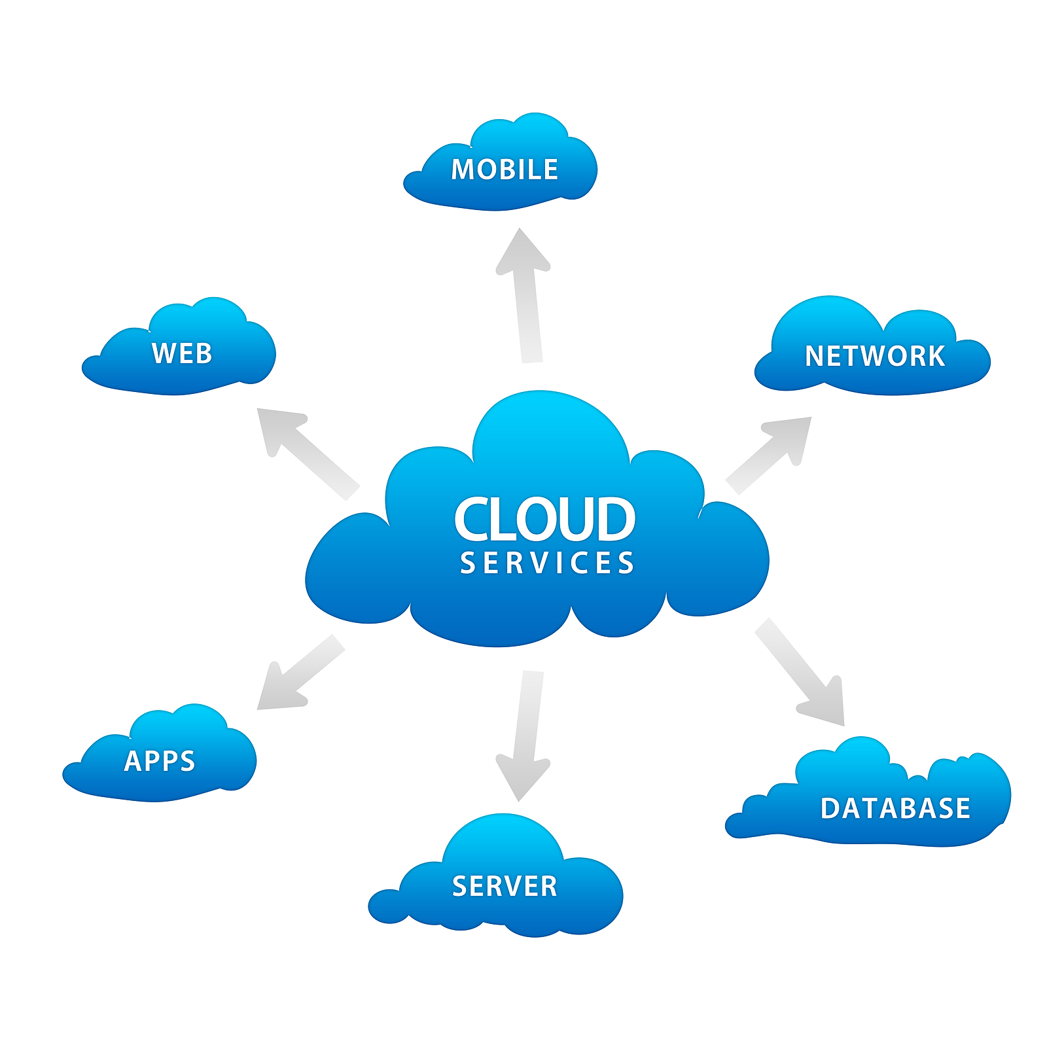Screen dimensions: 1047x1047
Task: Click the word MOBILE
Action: pos(505,169)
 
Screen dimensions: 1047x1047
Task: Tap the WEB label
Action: pos(182,353)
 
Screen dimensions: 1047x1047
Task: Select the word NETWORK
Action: pos(875,356)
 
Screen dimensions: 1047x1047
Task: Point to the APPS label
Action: pos(160,760)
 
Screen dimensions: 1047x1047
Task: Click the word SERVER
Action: pos(505,886)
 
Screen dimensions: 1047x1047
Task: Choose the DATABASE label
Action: pos(895,808)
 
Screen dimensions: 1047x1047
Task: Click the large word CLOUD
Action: pos(544,519)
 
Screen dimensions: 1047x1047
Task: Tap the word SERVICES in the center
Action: pos(547,563)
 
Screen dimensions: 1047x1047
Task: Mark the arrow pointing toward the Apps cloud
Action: pos(298,674)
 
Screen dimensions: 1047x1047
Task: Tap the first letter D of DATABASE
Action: pos(831,808)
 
